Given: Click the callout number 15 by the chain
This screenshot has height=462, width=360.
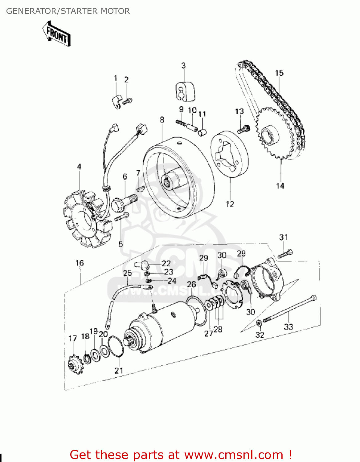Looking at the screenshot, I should [x=279, y=73].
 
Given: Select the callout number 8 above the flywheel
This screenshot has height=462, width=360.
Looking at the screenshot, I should [x=162, y=120].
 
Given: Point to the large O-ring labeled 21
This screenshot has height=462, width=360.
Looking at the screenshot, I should [x=116, y=346].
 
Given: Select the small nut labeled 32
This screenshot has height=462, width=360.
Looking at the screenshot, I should [x=259, y=323].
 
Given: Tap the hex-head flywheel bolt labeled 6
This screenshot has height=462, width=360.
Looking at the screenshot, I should [x=123, y=202].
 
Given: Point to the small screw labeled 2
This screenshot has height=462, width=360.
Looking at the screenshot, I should [x=128, y=101].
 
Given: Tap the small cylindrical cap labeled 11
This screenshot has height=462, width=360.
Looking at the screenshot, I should [x=202, y=132].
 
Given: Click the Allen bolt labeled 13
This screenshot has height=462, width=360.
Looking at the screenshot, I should [x=243, y=129].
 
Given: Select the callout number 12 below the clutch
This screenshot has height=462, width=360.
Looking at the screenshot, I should [x=230, y=204].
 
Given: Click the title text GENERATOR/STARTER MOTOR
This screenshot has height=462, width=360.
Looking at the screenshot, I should [x=68, y=11].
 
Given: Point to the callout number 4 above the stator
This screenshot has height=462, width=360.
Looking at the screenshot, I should [x=79, y=167].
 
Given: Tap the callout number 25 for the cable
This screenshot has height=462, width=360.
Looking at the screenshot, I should [x=127, y=273].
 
